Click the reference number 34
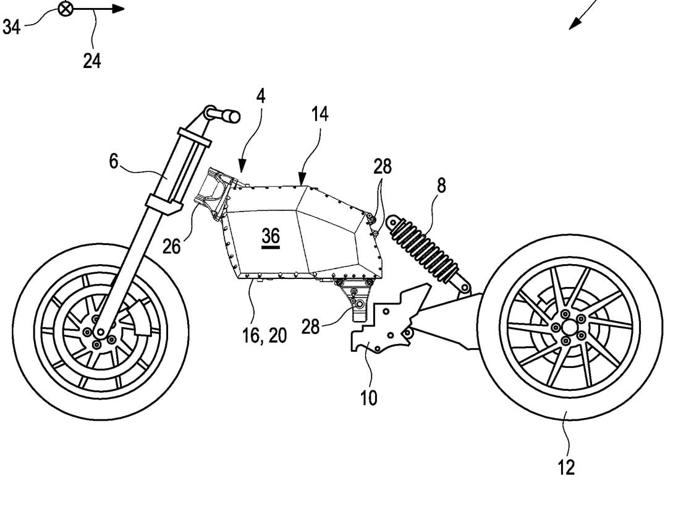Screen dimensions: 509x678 click(x=12, y=27)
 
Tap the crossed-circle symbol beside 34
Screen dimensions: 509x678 click(x=64, y=9)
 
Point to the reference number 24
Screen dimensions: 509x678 click(x=92, y=61)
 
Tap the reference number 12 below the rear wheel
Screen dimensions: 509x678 click(x=566, y=466)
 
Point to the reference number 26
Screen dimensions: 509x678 click(x=172, y=246)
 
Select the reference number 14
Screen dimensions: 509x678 click(x=320, y=114)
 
